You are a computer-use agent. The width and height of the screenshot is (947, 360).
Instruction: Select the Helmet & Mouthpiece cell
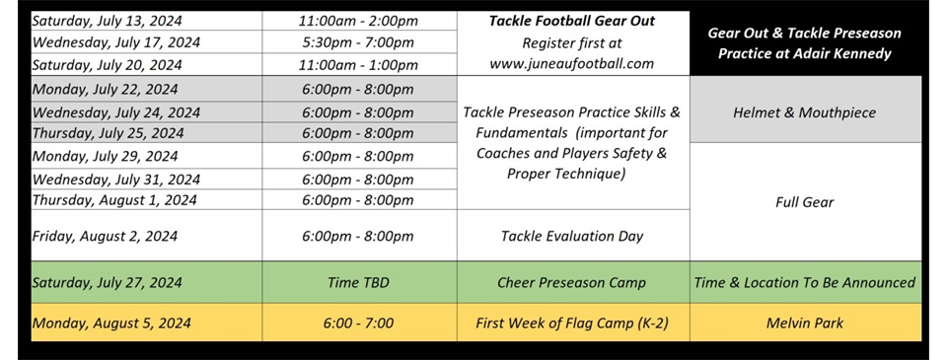click(804, 112)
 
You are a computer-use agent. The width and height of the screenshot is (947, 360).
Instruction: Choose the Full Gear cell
click(804, 202)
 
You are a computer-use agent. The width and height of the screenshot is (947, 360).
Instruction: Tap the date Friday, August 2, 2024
click(105, 236)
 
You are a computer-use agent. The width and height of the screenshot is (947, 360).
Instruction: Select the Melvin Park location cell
click(804, 323)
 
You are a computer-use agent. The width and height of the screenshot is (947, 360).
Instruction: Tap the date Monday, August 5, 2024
click(110, 323)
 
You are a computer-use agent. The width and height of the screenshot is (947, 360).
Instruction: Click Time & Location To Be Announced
click(804, 282)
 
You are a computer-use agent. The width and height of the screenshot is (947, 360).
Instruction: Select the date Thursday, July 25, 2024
click(108, 133)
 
